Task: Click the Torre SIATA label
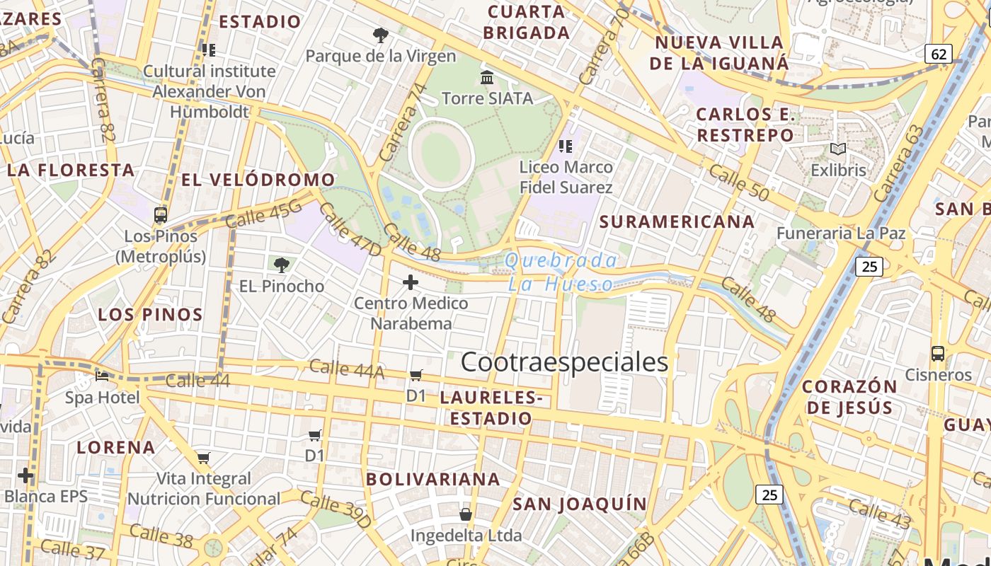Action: click(x=487, y=98)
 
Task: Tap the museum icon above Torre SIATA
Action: click(x=487, y=77)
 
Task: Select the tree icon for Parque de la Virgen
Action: click(x=381, y=35)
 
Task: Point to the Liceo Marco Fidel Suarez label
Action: click(x=566, y=178)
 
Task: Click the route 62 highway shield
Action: click(x=939, y=54)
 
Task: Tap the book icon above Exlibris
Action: click(x=838, y=149)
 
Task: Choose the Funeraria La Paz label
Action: click(x=841, y=233)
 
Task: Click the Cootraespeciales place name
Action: click(x=564, y=362)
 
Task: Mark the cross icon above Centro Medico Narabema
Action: click(x=411, y=283)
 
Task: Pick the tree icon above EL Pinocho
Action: click(x=282, y=265)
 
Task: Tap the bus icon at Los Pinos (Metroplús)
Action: click(x=161, y=215)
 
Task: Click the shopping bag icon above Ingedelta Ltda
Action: click(x=466, y=514)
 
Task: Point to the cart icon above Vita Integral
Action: click(x=204, y=458)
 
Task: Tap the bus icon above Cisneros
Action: click(x=938, y=354)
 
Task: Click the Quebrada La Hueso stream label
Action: click(x=561, y=272)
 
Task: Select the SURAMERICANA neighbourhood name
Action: click(x=677, y=221)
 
